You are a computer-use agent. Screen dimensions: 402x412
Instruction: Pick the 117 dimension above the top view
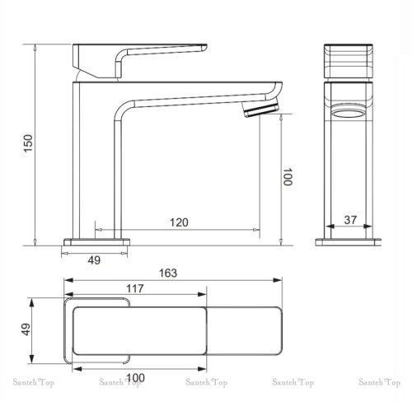tap(138, 288)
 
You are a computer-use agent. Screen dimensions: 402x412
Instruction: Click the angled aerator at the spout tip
tap(261, 112)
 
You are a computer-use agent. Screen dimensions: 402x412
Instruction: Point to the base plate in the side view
tap(97, 241)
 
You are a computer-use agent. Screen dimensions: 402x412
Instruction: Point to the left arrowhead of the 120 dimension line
tap(99, 231)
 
